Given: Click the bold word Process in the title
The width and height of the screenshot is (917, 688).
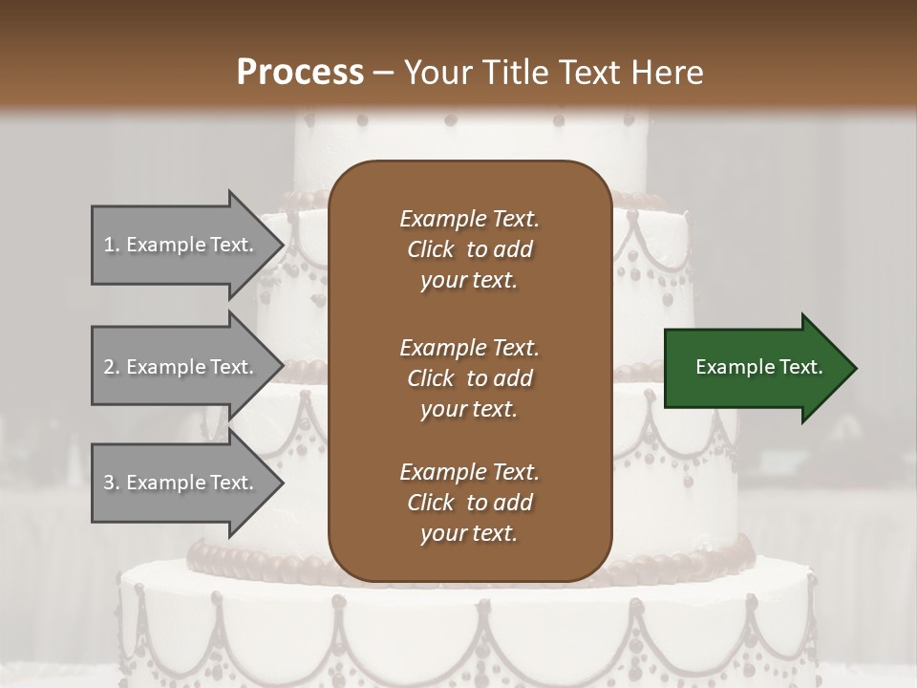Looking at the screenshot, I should point(300,73).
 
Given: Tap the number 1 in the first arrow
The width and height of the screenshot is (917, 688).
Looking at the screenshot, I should point(109,245).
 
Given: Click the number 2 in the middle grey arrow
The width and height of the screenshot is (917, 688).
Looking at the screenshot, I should point(109,367).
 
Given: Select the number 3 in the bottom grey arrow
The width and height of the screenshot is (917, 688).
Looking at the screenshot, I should point(109,483).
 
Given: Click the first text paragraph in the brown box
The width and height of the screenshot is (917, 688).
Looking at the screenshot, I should point(469,249).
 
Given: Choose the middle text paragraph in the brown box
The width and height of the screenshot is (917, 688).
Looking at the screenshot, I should point(469,377).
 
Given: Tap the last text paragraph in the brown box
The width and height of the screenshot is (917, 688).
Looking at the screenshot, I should point(469,503).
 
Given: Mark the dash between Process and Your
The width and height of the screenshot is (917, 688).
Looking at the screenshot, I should point(384,74).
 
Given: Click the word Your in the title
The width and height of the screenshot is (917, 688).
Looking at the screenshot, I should point(435,73).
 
